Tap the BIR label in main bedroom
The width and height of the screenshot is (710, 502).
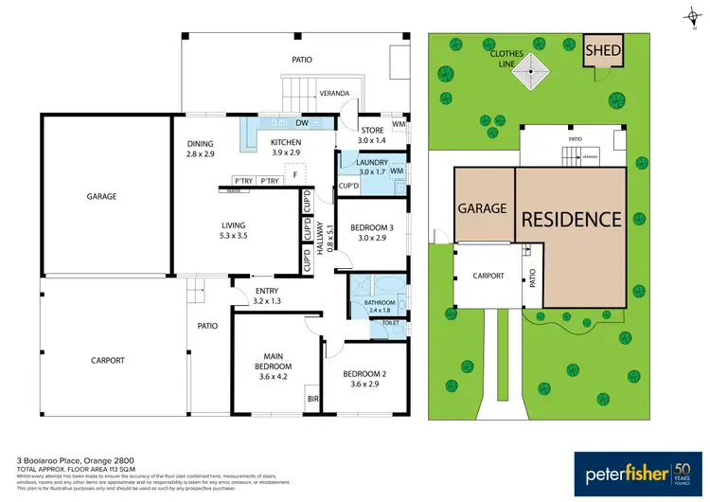312,401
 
